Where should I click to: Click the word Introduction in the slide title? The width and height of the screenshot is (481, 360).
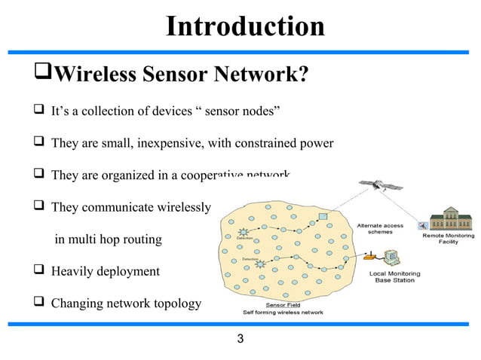(244, 26)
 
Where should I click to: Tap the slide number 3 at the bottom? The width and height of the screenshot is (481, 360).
(240, 338)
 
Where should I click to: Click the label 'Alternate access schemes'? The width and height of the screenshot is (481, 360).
(379, 229)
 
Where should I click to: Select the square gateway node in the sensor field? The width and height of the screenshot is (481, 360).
(323, 218)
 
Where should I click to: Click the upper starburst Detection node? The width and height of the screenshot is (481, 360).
(244, 233)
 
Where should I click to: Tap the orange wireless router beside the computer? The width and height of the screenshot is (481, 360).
(370, 263)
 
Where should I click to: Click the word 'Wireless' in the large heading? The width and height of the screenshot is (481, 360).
(96, 75)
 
